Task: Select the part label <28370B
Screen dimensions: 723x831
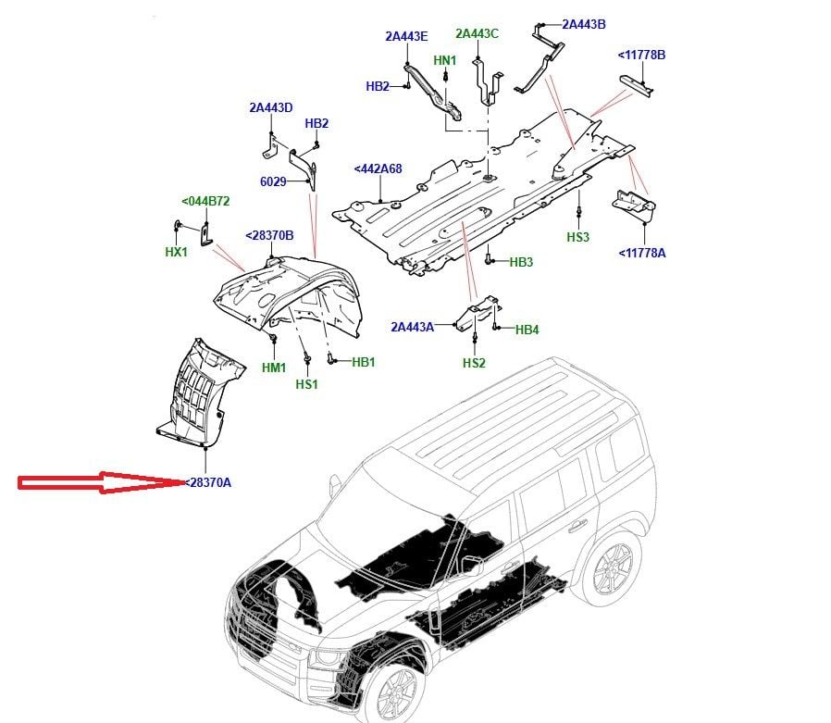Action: click(269, 235)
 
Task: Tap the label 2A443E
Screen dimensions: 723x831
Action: click(407, 37)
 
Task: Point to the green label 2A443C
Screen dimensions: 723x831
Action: click(477, 34)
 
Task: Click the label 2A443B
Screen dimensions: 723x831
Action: click(584, 24)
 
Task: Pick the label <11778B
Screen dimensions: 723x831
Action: click(641, 56)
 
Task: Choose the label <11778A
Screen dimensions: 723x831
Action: click(641, 252)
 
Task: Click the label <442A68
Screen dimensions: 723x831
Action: click(378, 169)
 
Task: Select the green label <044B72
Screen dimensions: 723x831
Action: click(205, 201)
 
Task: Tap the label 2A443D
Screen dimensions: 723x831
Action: click(270, 107)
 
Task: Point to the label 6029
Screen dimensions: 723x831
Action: click(273, 181)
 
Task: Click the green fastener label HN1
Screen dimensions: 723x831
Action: click(445, 61)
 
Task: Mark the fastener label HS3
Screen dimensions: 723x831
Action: click(577, 238)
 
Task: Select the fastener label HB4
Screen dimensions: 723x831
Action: click(527, 330)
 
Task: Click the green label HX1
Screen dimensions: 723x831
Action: click(177, 251)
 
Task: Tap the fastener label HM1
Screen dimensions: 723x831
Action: click(274, 368)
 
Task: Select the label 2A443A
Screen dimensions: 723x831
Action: click(412, 327)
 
